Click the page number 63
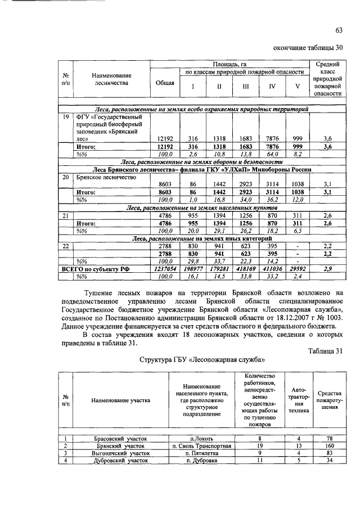pyautogui.click(x=339, y=30)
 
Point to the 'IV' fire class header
pyautogui.click(x=272, y=87)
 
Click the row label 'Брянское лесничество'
pyautogui.click(x=106, y=176)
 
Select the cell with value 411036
pyautogui.click(x=272, y=269)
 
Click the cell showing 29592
pyautogui.click(x=298, y=269)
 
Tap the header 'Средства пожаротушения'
pyautogui.click(x=329, y=400)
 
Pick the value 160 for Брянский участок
pyautogui.click(x=329, y=445)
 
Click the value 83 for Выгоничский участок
pyautogui.click(x=329, y=452)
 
